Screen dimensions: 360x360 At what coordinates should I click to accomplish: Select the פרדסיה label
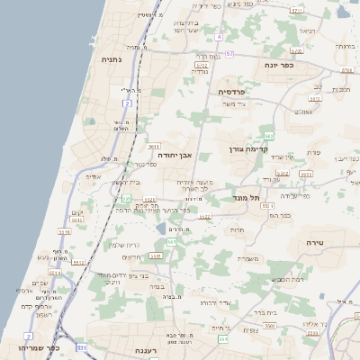pos(238,91)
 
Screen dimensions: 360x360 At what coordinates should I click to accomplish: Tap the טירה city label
pos(314,243)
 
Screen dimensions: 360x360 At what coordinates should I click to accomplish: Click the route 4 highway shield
pos(218,37)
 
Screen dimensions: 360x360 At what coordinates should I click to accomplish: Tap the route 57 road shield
pos(229,54)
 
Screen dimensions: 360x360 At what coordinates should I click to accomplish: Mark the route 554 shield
pos(222,339)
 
